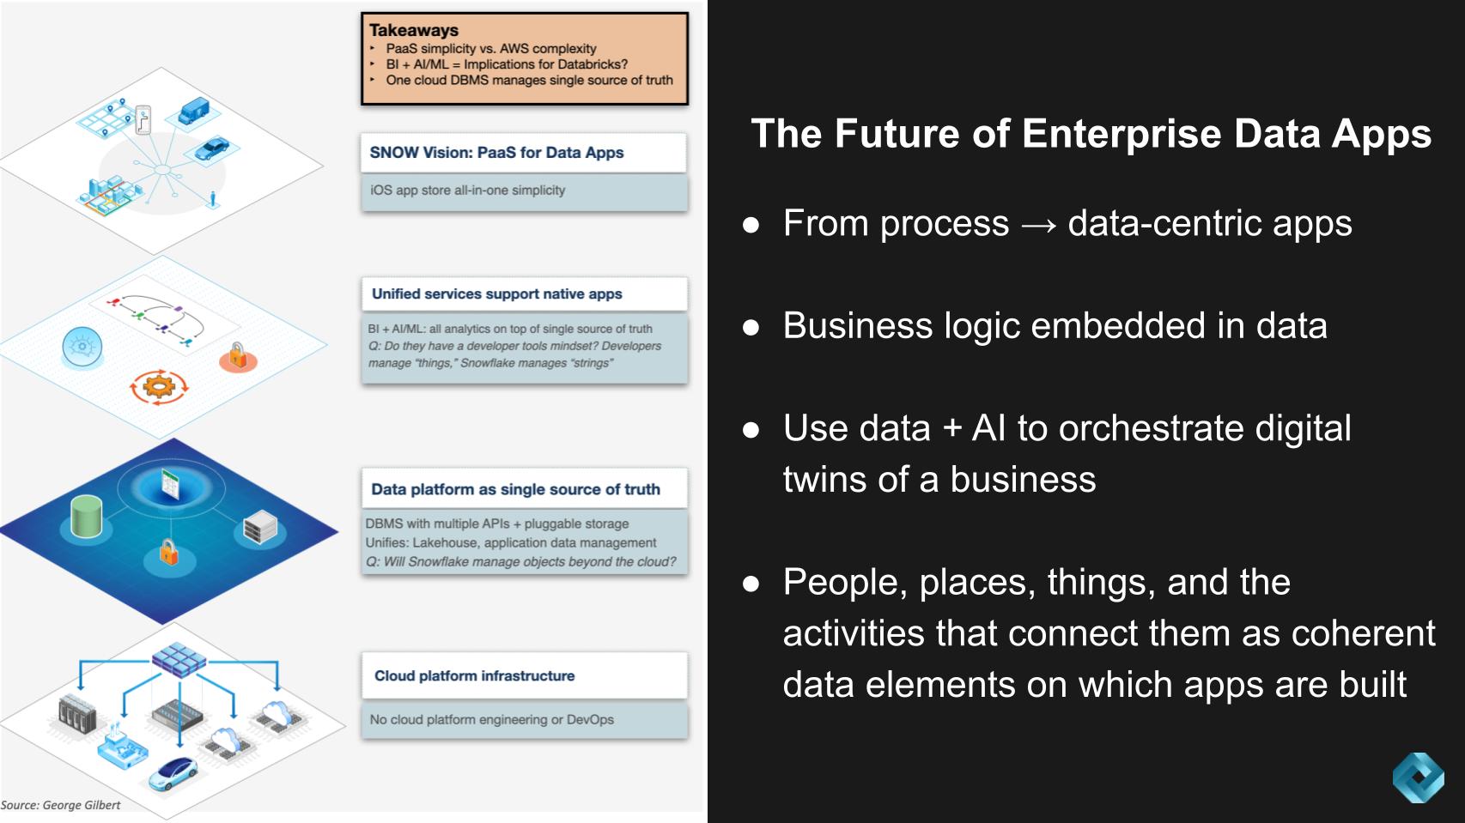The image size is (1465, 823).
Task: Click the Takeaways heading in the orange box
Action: tap(413, 30)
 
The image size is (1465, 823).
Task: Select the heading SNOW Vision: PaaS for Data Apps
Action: tap(496, 152)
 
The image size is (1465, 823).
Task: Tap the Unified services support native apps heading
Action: tap(497, 293)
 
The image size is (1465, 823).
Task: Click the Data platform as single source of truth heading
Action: tap(515, 489)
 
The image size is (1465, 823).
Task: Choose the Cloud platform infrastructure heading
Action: tap(474, 675)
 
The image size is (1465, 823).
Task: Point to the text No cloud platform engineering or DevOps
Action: tap(492, 719)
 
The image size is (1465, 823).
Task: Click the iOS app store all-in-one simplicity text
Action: tap(468, 191)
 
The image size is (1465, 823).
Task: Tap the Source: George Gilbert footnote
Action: tap(61, 805)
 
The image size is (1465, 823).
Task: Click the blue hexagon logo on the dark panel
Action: tap(1419, 778)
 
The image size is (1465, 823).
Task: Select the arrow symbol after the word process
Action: tap(1038, 225)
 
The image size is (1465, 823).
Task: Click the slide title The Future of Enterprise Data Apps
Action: tap(1091, 133)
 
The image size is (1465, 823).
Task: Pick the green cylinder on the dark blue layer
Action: tap(87, 517)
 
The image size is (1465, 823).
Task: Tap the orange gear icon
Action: tap(158, 386)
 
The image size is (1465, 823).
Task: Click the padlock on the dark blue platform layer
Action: tap(168, 552)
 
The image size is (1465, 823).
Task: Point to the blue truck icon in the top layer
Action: tap(193, 111)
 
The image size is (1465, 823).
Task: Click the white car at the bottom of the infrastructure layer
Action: tap(173, 772)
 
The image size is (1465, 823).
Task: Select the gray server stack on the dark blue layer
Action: tap(260, 527)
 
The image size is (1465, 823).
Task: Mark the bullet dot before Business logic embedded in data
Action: tap(751, 327)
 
